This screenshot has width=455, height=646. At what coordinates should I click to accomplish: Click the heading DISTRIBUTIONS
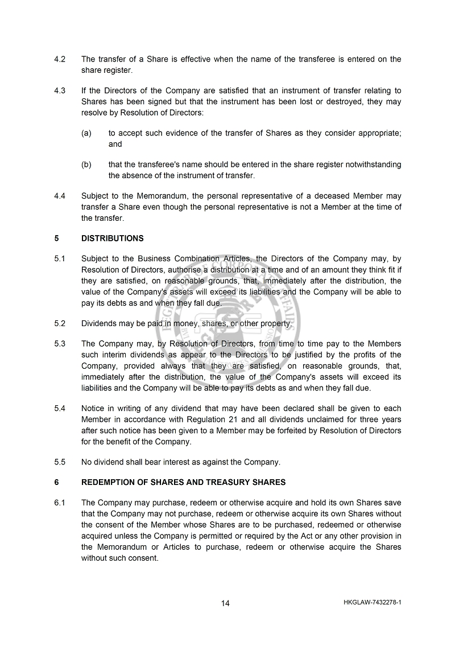tap(112, 238)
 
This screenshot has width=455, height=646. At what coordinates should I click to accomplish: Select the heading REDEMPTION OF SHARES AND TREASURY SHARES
tap(183, 482)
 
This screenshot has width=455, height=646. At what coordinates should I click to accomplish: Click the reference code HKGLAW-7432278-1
tap(373, 602)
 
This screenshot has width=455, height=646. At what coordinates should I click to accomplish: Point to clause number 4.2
tap(60, 59)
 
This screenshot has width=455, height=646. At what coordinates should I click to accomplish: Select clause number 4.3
tap(60, 90)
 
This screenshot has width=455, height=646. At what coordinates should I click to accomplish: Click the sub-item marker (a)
tap(86, 133)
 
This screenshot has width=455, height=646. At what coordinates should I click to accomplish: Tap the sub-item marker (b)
tap(86, 164)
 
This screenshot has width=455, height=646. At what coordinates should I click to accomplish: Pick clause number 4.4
tap(60, 196)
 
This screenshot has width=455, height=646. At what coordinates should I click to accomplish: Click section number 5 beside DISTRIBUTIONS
tap(56, 238)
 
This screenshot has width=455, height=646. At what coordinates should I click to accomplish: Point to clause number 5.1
tap(60, 259)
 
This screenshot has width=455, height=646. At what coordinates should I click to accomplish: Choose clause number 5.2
tap(60, 323)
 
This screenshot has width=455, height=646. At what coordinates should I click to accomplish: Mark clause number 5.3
tap(60, 344)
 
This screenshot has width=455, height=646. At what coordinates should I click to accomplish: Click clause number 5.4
tap(60, 408)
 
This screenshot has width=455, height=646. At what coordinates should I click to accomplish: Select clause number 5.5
tap(60, 462)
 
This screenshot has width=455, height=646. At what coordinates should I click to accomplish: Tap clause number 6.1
tap(60, 503)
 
